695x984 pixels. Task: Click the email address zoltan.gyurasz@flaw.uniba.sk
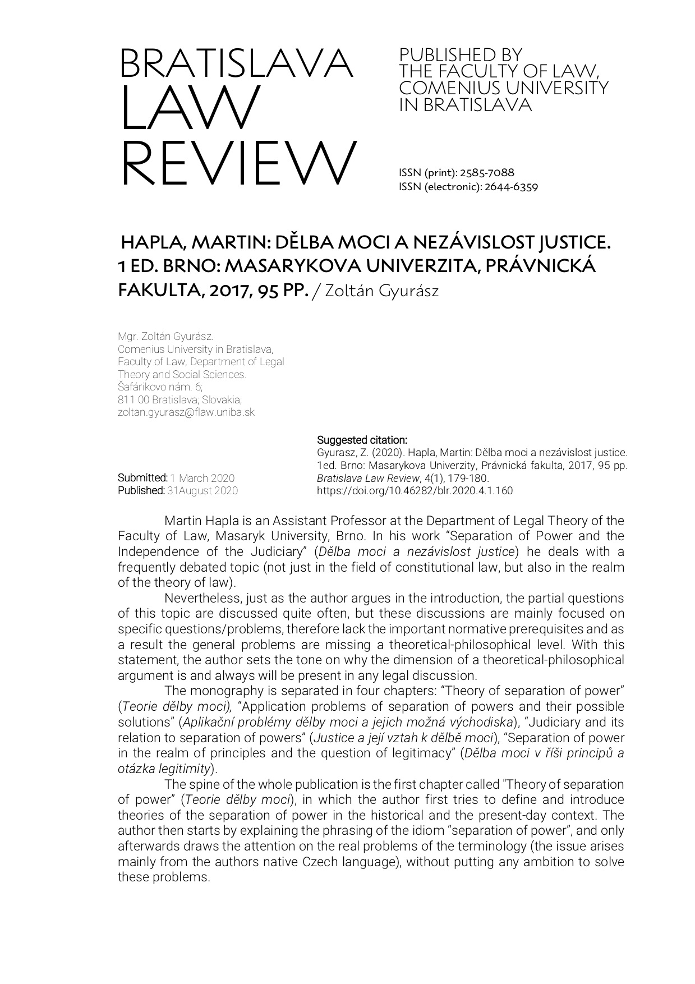[x=186, y=412]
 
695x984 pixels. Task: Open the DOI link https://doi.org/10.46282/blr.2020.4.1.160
[x=415, y=491]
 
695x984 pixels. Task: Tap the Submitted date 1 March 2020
[x=202, y=478]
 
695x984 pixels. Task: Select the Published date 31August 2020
[x=202, y=491]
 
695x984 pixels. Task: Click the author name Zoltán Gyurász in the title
[x=381, y=291]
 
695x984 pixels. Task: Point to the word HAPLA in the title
[x=151, y=243]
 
